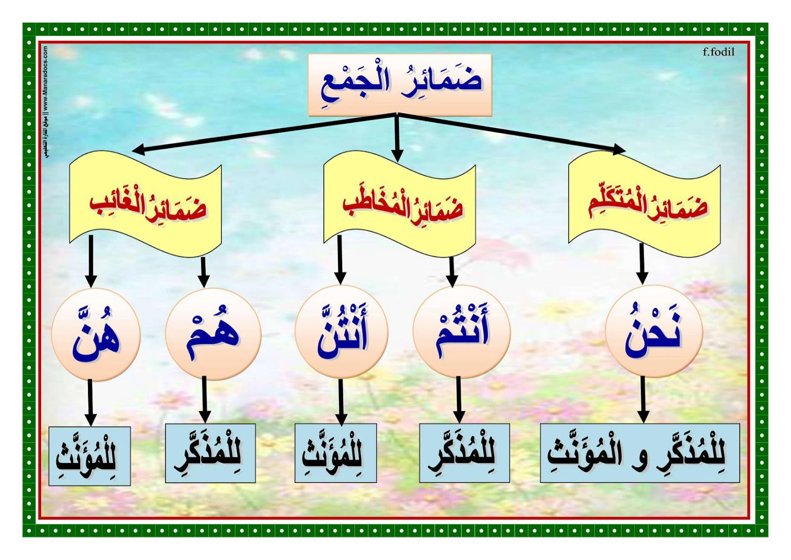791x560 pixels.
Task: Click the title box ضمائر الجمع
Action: point(399,85)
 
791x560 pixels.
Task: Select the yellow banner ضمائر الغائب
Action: point(145,204)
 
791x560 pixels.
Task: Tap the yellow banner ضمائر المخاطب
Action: point(399,204)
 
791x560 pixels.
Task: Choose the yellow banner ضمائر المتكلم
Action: point(644,204)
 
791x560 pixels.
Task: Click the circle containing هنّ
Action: point(96,334)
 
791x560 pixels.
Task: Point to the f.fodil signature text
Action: point(718,52)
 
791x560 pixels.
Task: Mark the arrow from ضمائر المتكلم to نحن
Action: point(642,263)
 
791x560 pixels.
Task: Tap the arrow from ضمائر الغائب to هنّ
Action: point(90,261)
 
